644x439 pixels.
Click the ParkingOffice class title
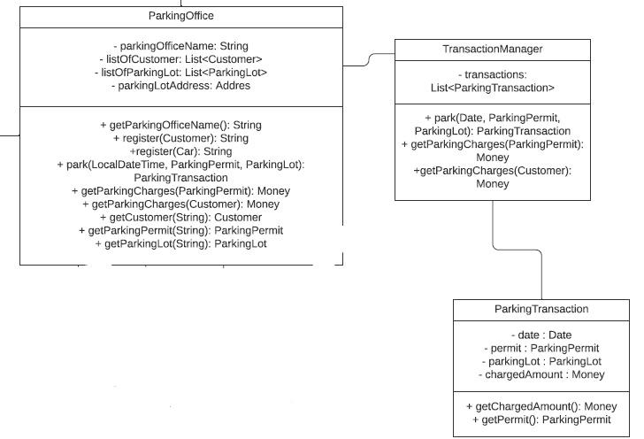[x=180, y=16]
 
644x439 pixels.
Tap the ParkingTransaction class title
[x=541, y=309]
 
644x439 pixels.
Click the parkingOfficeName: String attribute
[x=180, y=45]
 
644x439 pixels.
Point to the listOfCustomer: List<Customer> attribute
[x=180, y=58]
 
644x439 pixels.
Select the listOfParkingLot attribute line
[x=180, y=73]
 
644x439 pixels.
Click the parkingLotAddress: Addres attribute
[x=180, y=86]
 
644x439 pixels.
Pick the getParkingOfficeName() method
[x=180, y=125]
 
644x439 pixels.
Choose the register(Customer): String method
[x=180, y=138]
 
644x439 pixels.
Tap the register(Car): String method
[x=180, y=151]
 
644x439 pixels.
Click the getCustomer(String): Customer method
[x=180, y=217]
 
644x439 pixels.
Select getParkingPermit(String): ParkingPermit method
[x=180, y=230]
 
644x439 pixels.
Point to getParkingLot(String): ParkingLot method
[x=180, y=243]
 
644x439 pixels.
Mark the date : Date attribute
[x=541, y=335]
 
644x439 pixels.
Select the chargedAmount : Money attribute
[x=541, y=374]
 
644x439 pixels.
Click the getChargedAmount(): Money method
[x=541, y=405]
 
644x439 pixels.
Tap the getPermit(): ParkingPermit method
[x=541, y=419]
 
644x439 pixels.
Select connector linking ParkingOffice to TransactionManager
[x=368, y=60]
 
